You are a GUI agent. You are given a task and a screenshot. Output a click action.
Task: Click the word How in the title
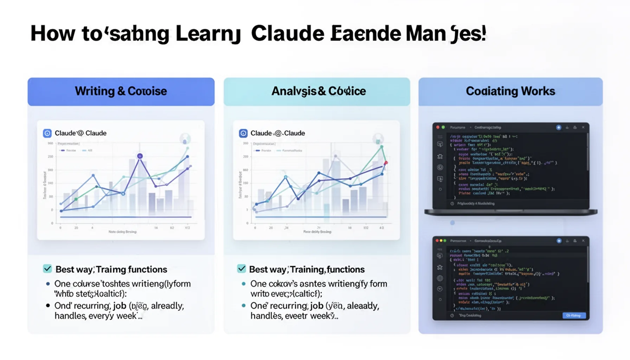[53, 34]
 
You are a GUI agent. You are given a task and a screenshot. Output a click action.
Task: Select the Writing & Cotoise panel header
[121, 91]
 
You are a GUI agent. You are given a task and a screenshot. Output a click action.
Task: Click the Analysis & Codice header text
[318, 91]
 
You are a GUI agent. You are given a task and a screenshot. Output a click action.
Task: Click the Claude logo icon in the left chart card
[47, 133]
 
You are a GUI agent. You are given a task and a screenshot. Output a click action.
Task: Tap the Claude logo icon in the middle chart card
[243, 133]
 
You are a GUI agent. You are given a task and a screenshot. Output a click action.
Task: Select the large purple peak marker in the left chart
[140, 156]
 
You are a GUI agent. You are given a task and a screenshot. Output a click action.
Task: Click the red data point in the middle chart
[386, 163]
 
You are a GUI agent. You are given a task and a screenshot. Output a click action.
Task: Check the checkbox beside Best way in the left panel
[47, 269]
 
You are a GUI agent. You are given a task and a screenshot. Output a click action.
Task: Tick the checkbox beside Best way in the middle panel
[242, 269]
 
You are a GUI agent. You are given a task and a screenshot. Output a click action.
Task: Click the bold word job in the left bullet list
[120, 306]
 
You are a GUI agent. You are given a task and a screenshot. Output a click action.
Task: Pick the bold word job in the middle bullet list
[316, 306]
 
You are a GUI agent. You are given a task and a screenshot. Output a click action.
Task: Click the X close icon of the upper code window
[583, 127]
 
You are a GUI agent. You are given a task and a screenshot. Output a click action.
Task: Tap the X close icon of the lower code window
[583, 241]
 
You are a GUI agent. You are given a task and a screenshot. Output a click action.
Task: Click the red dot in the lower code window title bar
[437, 241]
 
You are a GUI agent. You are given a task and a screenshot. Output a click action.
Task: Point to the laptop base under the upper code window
[511, 212]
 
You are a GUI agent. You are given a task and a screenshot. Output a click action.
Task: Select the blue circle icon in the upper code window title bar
[559, 128]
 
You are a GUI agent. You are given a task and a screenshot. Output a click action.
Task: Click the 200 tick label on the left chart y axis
[51, 157]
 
